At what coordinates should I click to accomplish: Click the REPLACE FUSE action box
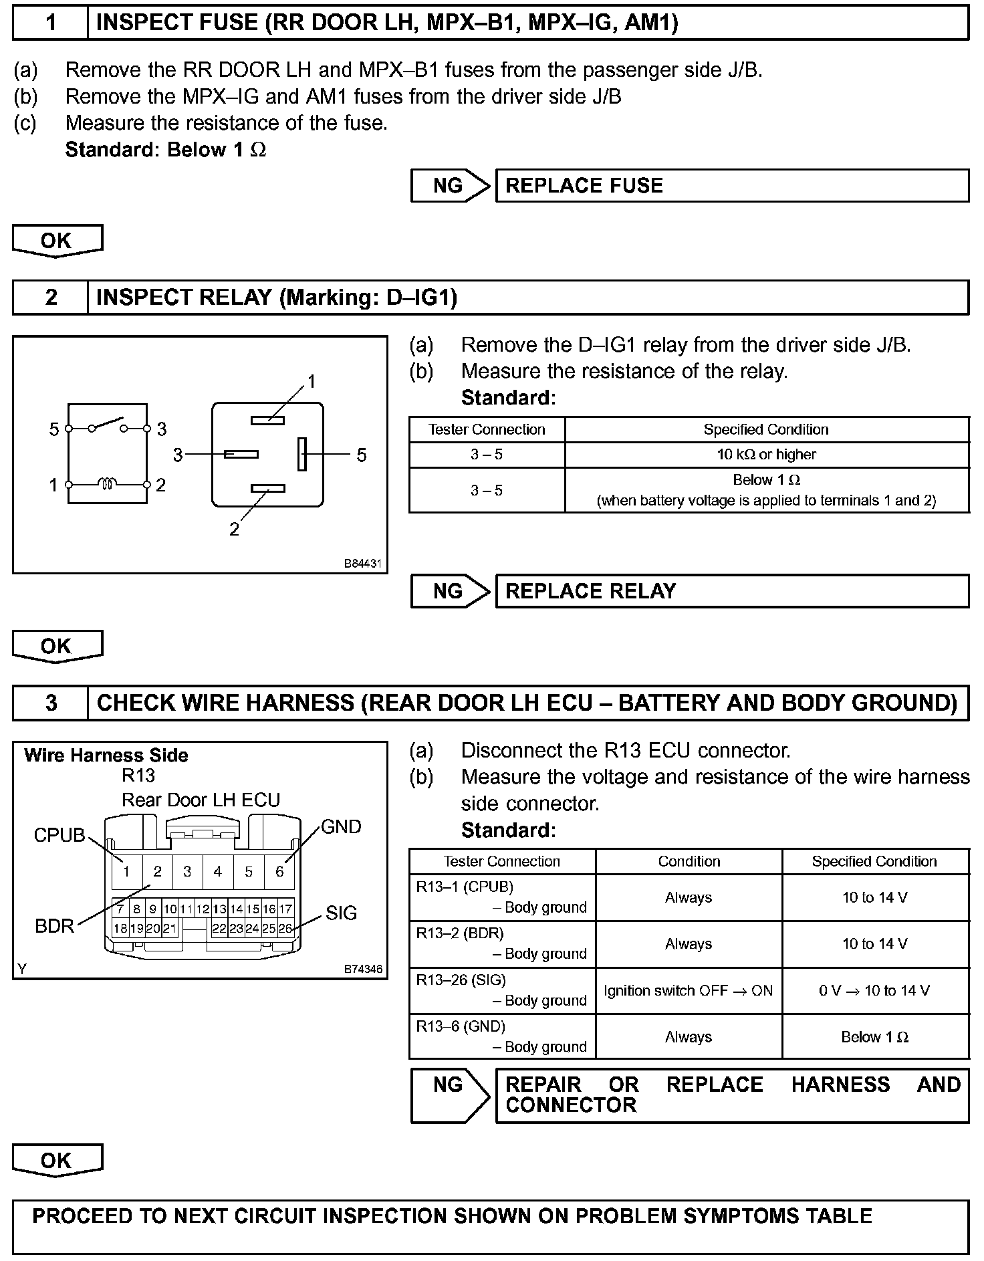coord(732,185)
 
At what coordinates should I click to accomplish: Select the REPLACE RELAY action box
coord(732,591)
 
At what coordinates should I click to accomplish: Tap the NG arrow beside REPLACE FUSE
coord(450,185)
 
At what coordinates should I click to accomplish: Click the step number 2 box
coord(51,298)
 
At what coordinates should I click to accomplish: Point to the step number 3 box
coord(51,703)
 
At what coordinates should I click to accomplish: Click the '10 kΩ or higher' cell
coord(766,455)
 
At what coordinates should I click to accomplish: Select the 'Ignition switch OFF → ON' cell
coord(689,991)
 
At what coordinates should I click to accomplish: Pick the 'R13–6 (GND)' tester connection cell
coord(501,1036)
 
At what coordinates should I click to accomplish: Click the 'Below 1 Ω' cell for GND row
coord(874,1037)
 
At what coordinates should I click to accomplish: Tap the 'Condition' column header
coord(689,861)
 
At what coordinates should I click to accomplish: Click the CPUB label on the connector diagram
coord(59,835)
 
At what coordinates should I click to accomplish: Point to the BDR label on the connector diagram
coord(54,926)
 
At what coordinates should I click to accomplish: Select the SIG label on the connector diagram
coord(341,913)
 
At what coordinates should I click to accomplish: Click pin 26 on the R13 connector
coord(285,928)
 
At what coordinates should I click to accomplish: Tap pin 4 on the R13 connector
coord(217,871)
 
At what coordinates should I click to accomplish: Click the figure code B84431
coord(362,564)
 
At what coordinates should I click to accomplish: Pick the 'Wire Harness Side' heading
coord(106,756)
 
